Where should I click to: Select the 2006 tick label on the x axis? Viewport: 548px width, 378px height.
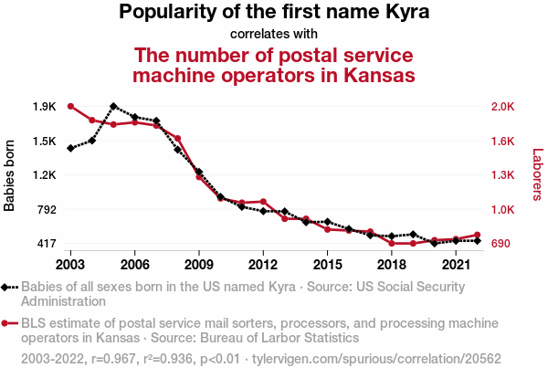point(134,264)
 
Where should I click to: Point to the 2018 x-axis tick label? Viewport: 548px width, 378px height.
point(392,264)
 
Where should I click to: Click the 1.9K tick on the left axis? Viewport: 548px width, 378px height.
point(44,107)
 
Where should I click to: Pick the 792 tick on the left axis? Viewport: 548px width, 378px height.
point(46,210)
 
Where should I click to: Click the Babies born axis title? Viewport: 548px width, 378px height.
point(10,175)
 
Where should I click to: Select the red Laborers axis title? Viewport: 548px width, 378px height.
point(538,175)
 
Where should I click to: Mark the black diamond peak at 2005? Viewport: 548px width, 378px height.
point(113,106)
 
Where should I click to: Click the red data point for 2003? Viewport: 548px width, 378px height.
point(70,107)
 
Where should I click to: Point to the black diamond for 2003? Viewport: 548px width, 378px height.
point(70,148)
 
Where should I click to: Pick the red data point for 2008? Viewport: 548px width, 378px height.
point(177,139)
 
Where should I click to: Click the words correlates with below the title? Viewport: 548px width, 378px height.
point(274,34)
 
